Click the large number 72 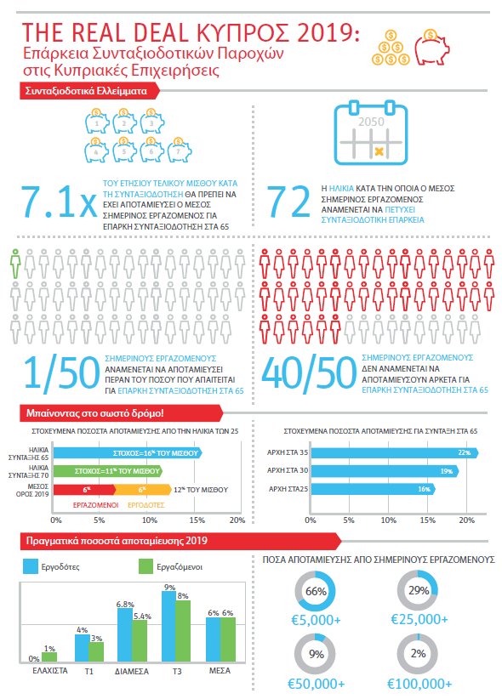click(288, 202)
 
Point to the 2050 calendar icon click(368, 132)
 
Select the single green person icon click(14, 264)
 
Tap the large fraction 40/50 click(310, 372)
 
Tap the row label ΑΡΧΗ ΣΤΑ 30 click(287, 471)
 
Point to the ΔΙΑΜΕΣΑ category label click(132, 671)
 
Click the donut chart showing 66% click(316, 590)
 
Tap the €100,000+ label click(418, 684)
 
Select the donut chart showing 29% click(418, 590)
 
